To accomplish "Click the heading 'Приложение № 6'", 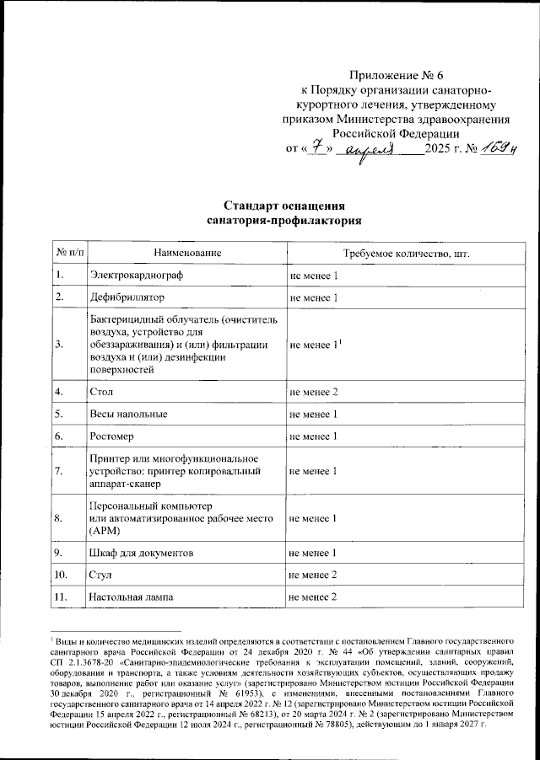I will pyautogui.click(x=394, y=75).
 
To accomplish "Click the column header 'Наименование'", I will pyautogui.click(x=187, y=253).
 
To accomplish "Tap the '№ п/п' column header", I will pyautogui.click(x=69, y=253).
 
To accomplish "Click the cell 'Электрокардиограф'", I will pyautogui.click(x=136, y=276).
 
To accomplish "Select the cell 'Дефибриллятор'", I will pyautogui.click(x=127, y=298).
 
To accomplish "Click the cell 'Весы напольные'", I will pyautogui.click(x=128, y=414).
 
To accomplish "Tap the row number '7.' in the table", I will pyautogui.click(x=60, y=471).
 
